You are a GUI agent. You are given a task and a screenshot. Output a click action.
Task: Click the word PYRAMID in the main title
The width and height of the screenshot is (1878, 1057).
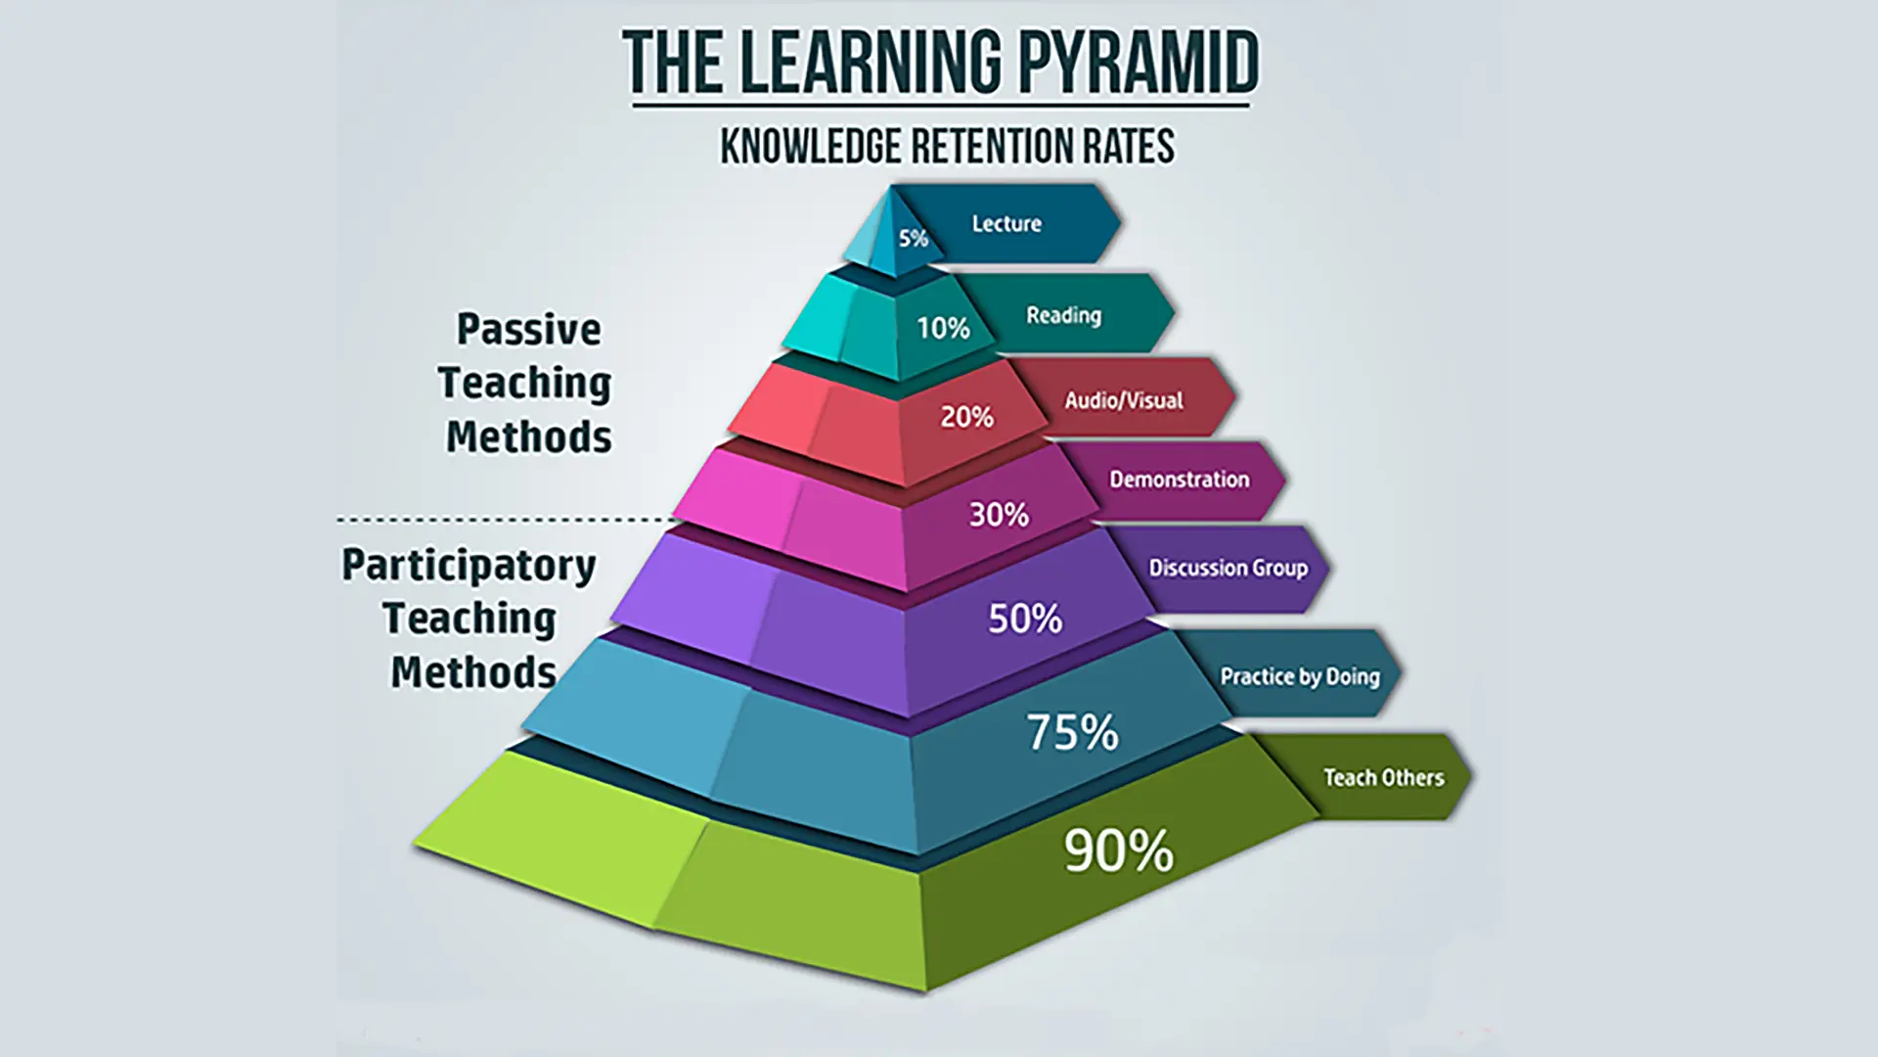tap(1139, 63)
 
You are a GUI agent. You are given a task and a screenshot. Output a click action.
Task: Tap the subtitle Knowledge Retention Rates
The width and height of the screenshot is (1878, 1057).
tap(947, 147)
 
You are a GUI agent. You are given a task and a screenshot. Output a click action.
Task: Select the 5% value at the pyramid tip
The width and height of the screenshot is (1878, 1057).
tap(914, 238)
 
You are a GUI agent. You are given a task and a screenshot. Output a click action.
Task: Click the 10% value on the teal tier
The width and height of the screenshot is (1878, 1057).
tap(943, 328)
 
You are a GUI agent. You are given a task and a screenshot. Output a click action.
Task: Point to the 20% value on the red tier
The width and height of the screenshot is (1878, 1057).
tap(966, 417)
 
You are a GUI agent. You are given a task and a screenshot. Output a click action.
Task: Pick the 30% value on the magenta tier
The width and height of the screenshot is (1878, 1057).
tap(999, 515)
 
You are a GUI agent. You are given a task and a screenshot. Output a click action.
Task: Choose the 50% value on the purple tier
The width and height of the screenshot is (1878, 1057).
tap(1025, 619)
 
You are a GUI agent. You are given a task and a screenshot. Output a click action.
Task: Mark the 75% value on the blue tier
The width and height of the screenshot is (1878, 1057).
tap(1072, 732)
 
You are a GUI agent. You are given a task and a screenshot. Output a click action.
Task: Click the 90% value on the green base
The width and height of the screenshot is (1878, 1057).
tap(1119, 850)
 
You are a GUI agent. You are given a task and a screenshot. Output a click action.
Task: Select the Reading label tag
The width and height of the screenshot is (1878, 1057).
tap(1065, 314)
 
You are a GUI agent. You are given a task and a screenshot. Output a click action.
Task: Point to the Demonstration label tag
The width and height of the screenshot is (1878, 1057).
tap(1180, 480)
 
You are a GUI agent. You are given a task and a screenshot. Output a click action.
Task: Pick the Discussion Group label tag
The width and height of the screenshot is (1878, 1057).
tap(1228, 569)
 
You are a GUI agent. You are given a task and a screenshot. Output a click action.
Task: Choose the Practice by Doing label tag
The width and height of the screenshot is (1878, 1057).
tap(1300, 675)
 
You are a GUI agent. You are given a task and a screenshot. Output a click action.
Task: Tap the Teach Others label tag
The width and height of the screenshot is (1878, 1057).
tap(1383, 777)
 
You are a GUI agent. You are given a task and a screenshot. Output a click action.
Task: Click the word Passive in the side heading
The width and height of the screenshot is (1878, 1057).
tap(529, 330)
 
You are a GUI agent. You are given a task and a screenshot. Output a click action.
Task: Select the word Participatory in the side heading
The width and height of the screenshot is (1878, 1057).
tap(469, 567)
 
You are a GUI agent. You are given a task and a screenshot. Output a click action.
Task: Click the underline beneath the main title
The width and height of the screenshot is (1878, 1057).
tap(941, 105)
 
